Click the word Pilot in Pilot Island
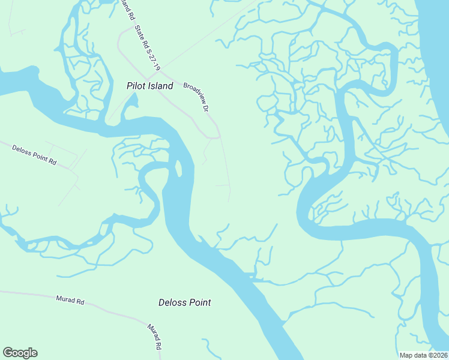(x=136, y=86)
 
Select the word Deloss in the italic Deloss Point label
(x=172, y=302)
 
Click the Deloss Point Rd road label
(x=34, y=154)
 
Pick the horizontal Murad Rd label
(x=70, y=298)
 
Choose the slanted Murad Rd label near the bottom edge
(x=154, y=336)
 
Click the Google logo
(x=20, y=353)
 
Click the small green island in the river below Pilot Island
(x=178, y=168)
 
